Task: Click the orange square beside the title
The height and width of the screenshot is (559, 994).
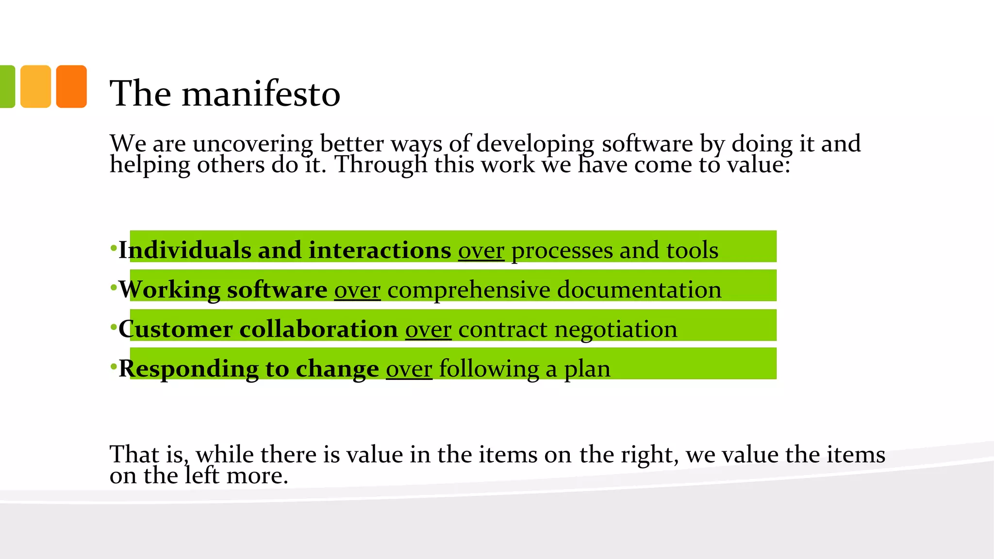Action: [71, 86]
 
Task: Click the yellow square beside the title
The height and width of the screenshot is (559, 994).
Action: [35, 86]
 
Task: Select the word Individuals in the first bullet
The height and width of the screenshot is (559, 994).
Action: [184, 250]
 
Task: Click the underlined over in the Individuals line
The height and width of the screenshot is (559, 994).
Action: [481, 251]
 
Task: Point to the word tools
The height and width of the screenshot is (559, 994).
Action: [692, 250]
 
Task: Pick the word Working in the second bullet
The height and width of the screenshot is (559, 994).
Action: [169, 290]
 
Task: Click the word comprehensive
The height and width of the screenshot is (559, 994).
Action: [468, 290]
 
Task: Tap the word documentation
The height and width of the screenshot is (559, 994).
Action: [639, 290]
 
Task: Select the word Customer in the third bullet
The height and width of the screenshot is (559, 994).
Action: [175, 329]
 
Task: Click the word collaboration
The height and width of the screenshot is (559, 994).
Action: [318, 329]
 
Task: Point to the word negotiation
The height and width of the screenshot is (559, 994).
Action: [615, 329]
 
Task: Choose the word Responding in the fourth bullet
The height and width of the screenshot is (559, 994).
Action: [188, 369]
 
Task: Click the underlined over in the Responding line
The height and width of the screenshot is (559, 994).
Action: [409, 369]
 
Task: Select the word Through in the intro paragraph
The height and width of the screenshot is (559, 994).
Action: [381, 164]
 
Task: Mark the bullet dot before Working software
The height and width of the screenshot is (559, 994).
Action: [114, 288]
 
